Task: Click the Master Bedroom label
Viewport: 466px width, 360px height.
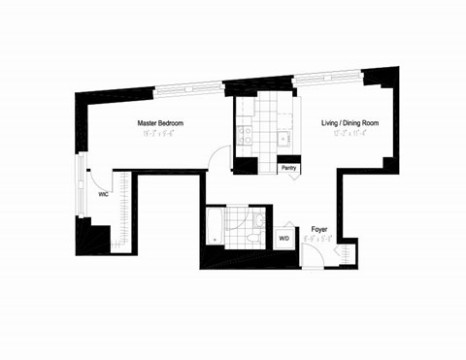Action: pos(160,123)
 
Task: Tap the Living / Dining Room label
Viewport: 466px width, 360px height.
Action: pos(350,123)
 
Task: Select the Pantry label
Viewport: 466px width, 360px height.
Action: pos(288,167)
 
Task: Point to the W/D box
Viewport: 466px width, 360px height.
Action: pos(284,237)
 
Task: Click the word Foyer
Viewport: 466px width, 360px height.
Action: pos(318,230)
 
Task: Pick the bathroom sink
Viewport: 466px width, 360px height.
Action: pos(258,215)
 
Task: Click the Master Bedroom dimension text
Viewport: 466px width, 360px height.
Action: pos(160,137)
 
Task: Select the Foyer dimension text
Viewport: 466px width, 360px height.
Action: pos(318,241)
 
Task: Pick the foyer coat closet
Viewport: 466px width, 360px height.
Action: pos(340,254)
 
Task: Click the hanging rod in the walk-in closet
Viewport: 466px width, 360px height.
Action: pos(125,209)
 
